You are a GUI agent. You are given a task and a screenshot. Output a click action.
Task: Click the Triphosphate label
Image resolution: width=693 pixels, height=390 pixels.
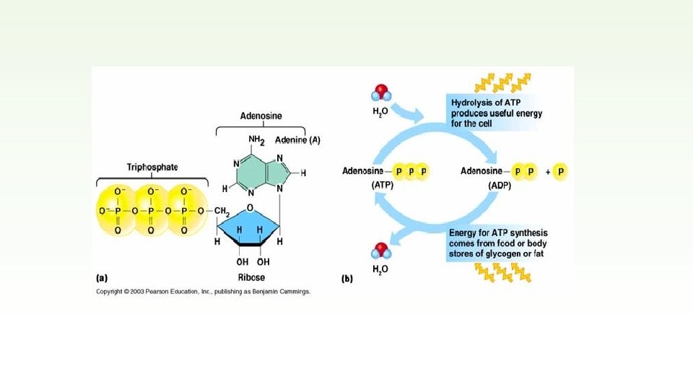click(152, 167)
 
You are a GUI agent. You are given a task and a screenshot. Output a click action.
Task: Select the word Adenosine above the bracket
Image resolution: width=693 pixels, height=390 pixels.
click(261, 116)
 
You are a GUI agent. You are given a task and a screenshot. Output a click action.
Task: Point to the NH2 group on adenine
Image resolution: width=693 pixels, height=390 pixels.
click(258, 140)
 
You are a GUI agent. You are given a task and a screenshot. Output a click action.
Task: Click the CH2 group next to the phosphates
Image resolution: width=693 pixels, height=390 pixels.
click(221, 211)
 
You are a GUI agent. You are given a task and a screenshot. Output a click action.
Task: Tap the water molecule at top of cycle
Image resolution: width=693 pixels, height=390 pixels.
click(381, 94)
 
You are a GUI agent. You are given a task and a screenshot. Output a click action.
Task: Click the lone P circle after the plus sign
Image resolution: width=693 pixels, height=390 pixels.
click(560, 172)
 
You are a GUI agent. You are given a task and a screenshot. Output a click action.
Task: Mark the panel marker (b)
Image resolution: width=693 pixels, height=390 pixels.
click(347, 277)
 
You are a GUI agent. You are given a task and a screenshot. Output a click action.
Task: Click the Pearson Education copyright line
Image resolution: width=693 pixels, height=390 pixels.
click(204, 292)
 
